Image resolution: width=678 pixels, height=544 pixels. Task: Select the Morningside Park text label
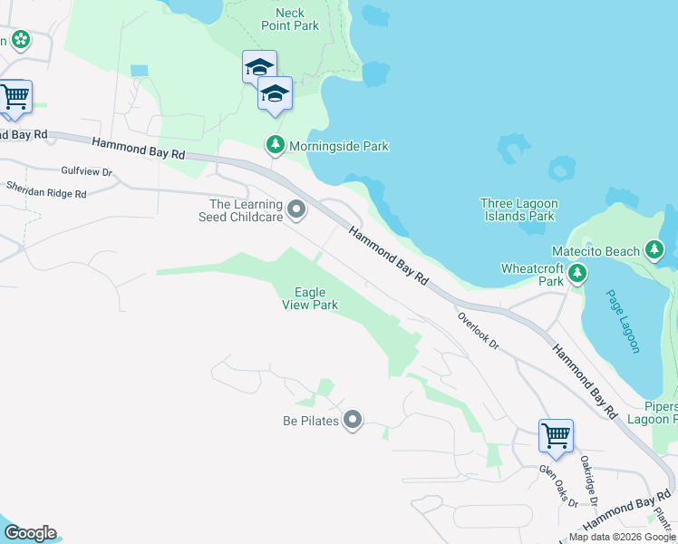pyautogui.click(x=338, y=145)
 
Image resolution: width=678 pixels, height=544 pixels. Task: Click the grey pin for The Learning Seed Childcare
pyautogui.click(x=296, y=211)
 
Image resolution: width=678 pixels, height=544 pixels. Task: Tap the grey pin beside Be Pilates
pyautogui.click(x=353, y=420)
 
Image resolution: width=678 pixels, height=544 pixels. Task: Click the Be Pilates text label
pyautogui.click(x=310, y=421)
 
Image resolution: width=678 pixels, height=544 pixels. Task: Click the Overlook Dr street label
pyautogui.click(x=479, y=331)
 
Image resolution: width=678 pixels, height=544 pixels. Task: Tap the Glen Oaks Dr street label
pyautogui.click(x=558, y=484)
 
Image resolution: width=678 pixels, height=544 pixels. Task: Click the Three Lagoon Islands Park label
pyautogui.click(x=519, y=209)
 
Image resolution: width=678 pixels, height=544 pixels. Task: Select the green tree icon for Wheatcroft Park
pyautogui.click(x=577, y=273)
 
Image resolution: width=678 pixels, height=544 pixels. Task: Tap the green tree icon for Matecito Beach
pyautogui.click(x=654, y=250)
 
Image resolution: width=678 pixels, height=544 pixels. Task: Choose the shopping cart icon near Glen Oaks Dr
pyautogui.click(x=556, y=435)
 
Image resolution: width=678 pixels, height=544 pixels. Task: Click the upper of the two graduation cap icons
pyautogui.click(x=259, y=66)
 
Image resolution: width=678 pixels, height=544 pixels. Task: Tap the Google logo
pyautogui.click(x=30, y=533)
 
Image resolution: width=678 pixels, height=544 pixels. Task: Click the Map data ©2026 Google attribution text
pyautogui.click(x=622, y=537)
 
